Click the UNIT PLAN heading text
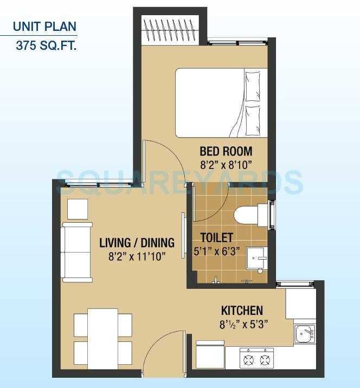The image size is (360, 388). coord(44,26)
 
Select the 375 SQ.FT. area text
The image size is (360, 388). coord(47,46)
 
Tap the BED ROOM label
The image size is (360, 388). coord(226,151)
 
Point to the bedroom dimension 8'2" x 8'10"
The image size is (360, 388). coord(226,165)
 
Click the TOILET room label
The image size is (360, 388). coord(217,237)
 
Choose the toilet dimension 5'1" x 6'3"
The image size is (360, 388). coord(217,251)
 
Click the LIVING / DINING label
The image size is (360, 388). coord(137,242)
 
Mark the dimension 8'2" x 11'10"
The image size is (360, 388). coord(137,256)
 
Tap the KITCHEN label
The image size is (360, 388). coord(242,311)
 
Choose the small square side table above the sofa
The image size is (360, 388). coord(78,209)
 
